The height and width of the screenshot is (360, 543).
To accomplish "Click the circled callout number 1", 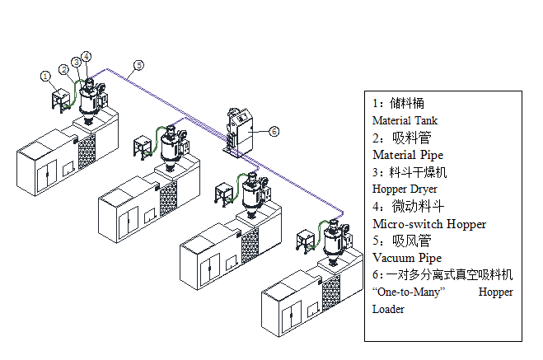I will pyautogui.click(x=46, y=76).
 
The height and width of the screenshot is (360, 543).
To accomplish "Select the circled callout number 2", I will pyautogui.click(x=64, y=69).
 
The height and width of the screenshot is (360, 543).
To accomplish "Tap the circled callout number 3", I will pyautogui.click(x=77, y=62).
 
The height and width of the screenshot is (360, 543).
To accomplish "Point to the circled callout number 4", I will pyautogui.click(x=87, y=56).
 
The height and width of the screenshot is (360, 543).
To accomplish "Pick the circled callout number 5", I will pyautogui.click(x=138, y=64).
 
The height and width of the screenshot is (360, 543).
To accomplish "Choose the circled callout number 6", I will pyautogui.click(x=274, y=130).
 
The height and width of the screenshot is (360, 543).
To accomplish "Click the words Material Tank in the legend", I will pyautogui.click(x=405, y=120).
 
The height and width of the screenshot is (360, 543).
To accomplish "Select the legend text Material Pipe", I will pyautogui.click(x=408, y=155).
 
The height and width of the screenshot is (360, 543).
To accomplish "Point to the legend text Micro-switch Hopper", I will pyautogui.click(x=429, y=223).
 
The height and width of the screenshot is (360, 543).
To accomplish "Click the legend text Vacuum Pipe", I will pyautogui.click(x=407, y=258).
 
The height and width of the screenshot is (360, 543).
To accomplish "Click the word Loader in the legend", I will pyautogui.click(x=389, y=309).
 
